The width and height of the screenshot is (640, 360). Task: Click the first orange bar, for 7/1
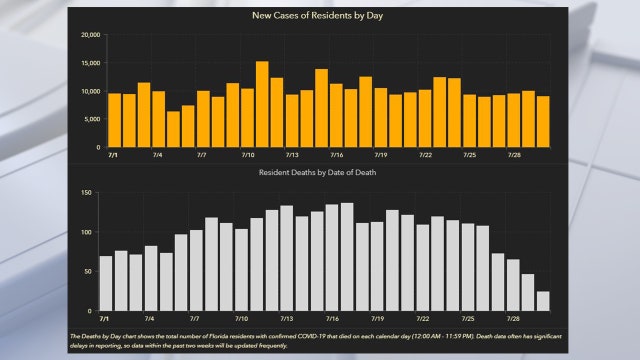(115, 120)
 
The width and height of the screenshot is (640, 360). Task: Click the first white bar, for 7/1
(106, 283)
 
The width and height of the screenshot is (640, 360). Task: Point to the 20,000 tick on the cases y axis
(90, 35)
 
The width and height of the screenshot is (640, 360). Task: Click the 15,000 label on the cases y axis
(90, 63)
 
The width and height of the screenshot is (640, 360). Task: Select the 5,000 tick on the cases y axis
(92, 119)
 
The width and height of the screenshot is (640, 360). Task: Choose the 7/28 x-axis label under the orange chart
(514, 156)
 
